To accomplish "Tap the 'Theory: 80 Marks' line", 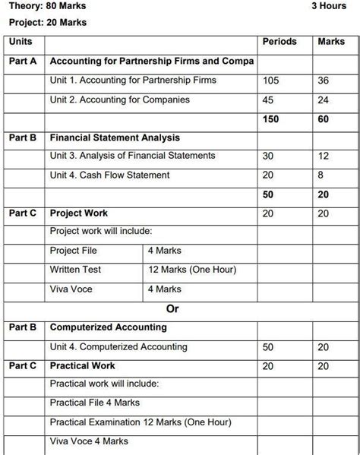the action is click(x=48, y=7).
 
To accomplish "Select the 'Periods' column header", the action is click(x=279, y=41).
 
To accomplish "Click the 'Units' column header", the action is click(x=21, y=41).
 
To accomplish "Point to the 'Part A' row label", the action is click(x=23, y=61).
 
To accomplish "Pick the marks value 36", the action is click(x=324, y=81).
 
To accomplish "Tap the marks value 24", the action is click(x=324, y=100).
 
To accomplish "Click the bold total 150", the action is click(x=271, y=119).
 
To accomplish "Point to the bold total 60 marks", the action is click(x=324, y=119).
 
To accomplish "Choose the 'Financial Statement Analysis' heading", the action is click(x=115, y=137).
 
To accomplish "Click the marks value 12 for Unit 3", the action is click(x=324, y=156).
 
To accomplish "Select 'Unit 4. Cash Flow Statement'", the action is click(x=109, y=175).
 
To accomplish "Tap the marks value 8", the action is click(x=321, y=175).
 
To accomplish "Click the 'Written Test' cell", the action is click(x=75, y=270).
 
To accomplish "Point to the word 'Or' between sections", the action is click(x=172, y=308).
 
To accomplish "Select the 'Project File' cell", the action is click(x=73, y=251).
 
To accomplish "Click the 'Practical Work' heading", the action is click(x=83, y=366).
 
